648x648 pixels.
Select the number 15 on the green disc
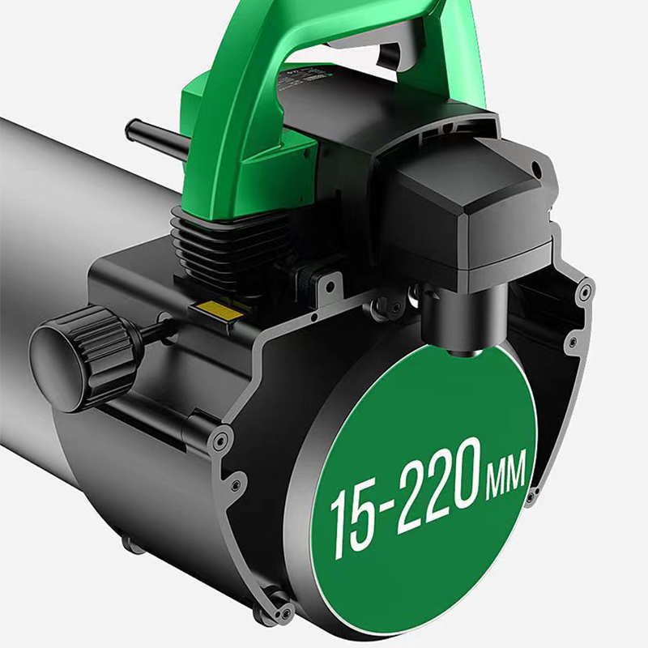353,518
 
